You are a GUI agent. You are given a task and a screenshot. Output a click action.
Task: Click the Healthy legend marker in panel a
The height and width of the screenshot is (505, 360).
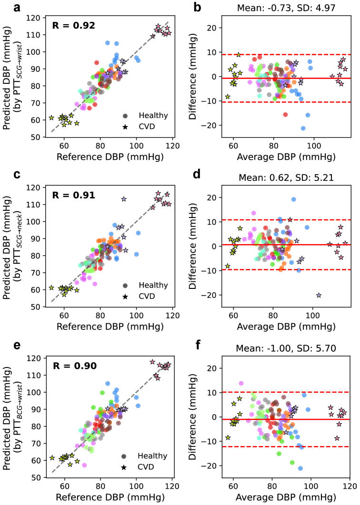tap(125, 115)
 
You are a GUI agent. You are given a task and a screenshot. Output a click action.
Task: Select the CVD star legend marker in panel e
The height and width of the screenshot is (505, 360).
tap(125, 467)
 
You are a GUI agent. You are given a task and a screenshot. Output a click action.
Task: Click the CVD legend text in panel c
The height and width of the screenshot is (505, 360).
tap(147, 297)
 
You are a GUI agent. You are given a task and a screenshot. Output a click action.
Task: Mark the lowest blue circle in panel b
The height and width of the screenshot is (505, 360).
tap(303, 128)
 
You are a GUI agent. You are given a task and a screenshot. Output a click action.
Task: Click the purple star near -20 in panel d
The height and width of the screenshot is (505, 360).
tap(319, 296)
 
